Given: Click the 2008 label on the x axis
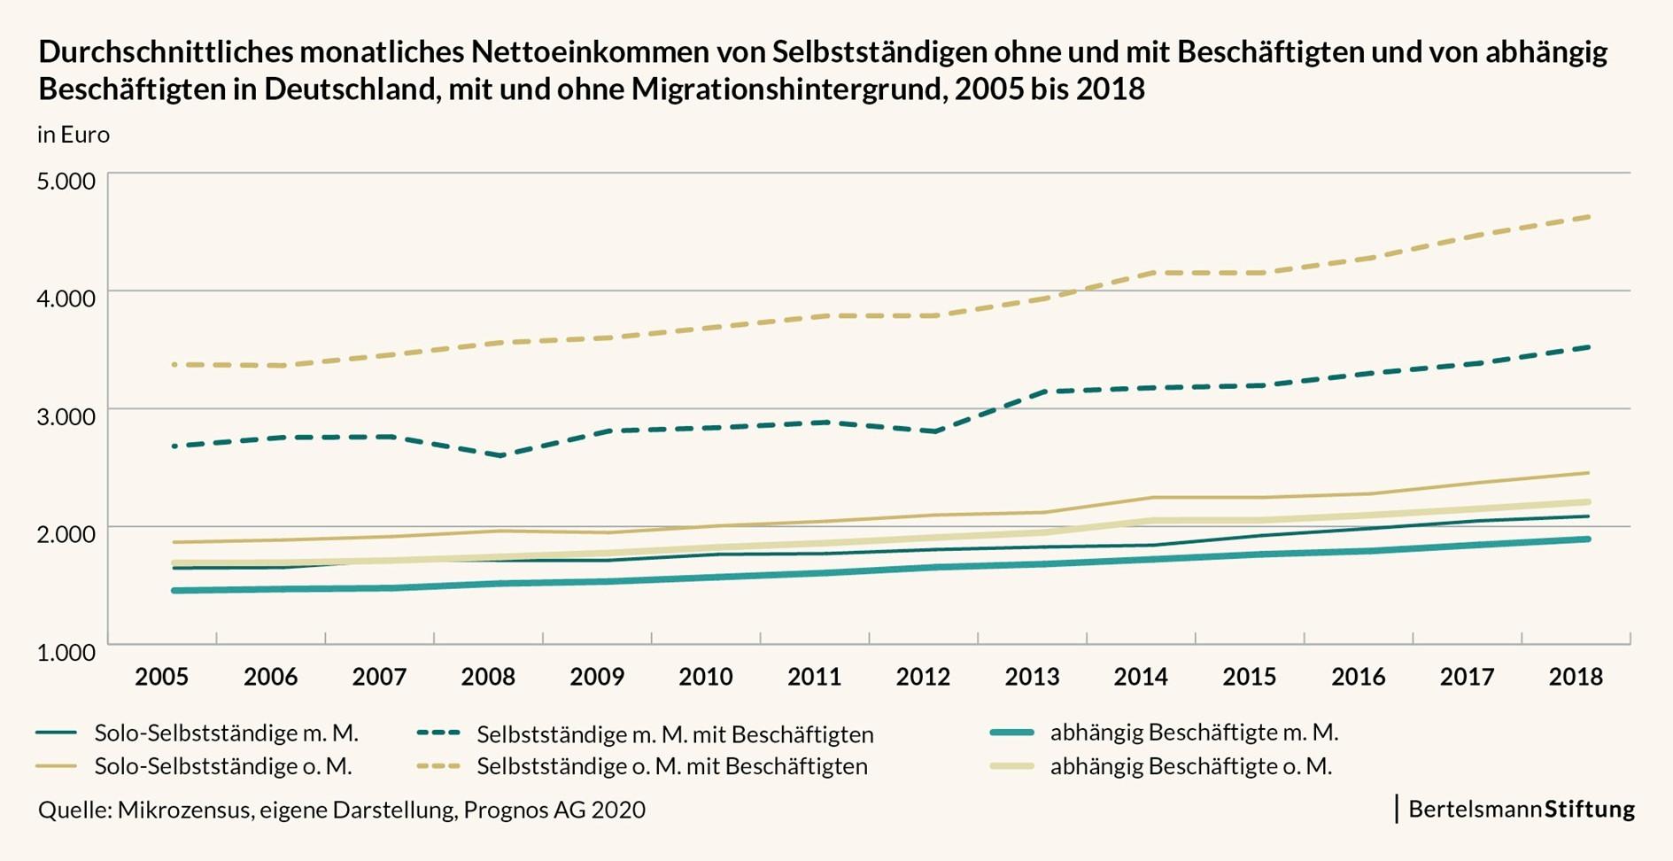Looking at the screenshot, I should pos(488,677).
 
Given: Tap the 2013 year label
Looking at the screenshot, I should pos(1032,677).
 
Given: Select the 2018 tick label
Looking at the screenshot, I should pos(1576,677).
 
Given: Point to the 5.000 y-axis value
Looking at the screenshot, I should pos(66,181).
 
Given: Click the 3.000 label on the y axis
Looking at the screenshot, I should pos(66,415).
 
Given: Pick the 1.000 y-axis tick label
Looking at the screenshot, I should pos(66,652).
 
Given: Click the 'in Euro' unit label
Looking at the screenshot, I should pos(74,135).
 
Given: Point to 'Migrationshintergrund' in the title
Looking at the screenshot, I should pos(781,89).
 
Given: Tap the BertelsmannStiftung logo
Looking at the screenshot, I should pos(1521,809).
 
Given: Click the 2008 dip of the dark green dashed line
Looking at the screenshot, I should pos(501,455).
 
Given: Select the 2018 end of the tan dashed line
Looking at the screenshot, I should pos(1589,216).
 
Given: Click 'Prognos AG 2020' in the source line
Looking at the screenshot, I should pos(554,810).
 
